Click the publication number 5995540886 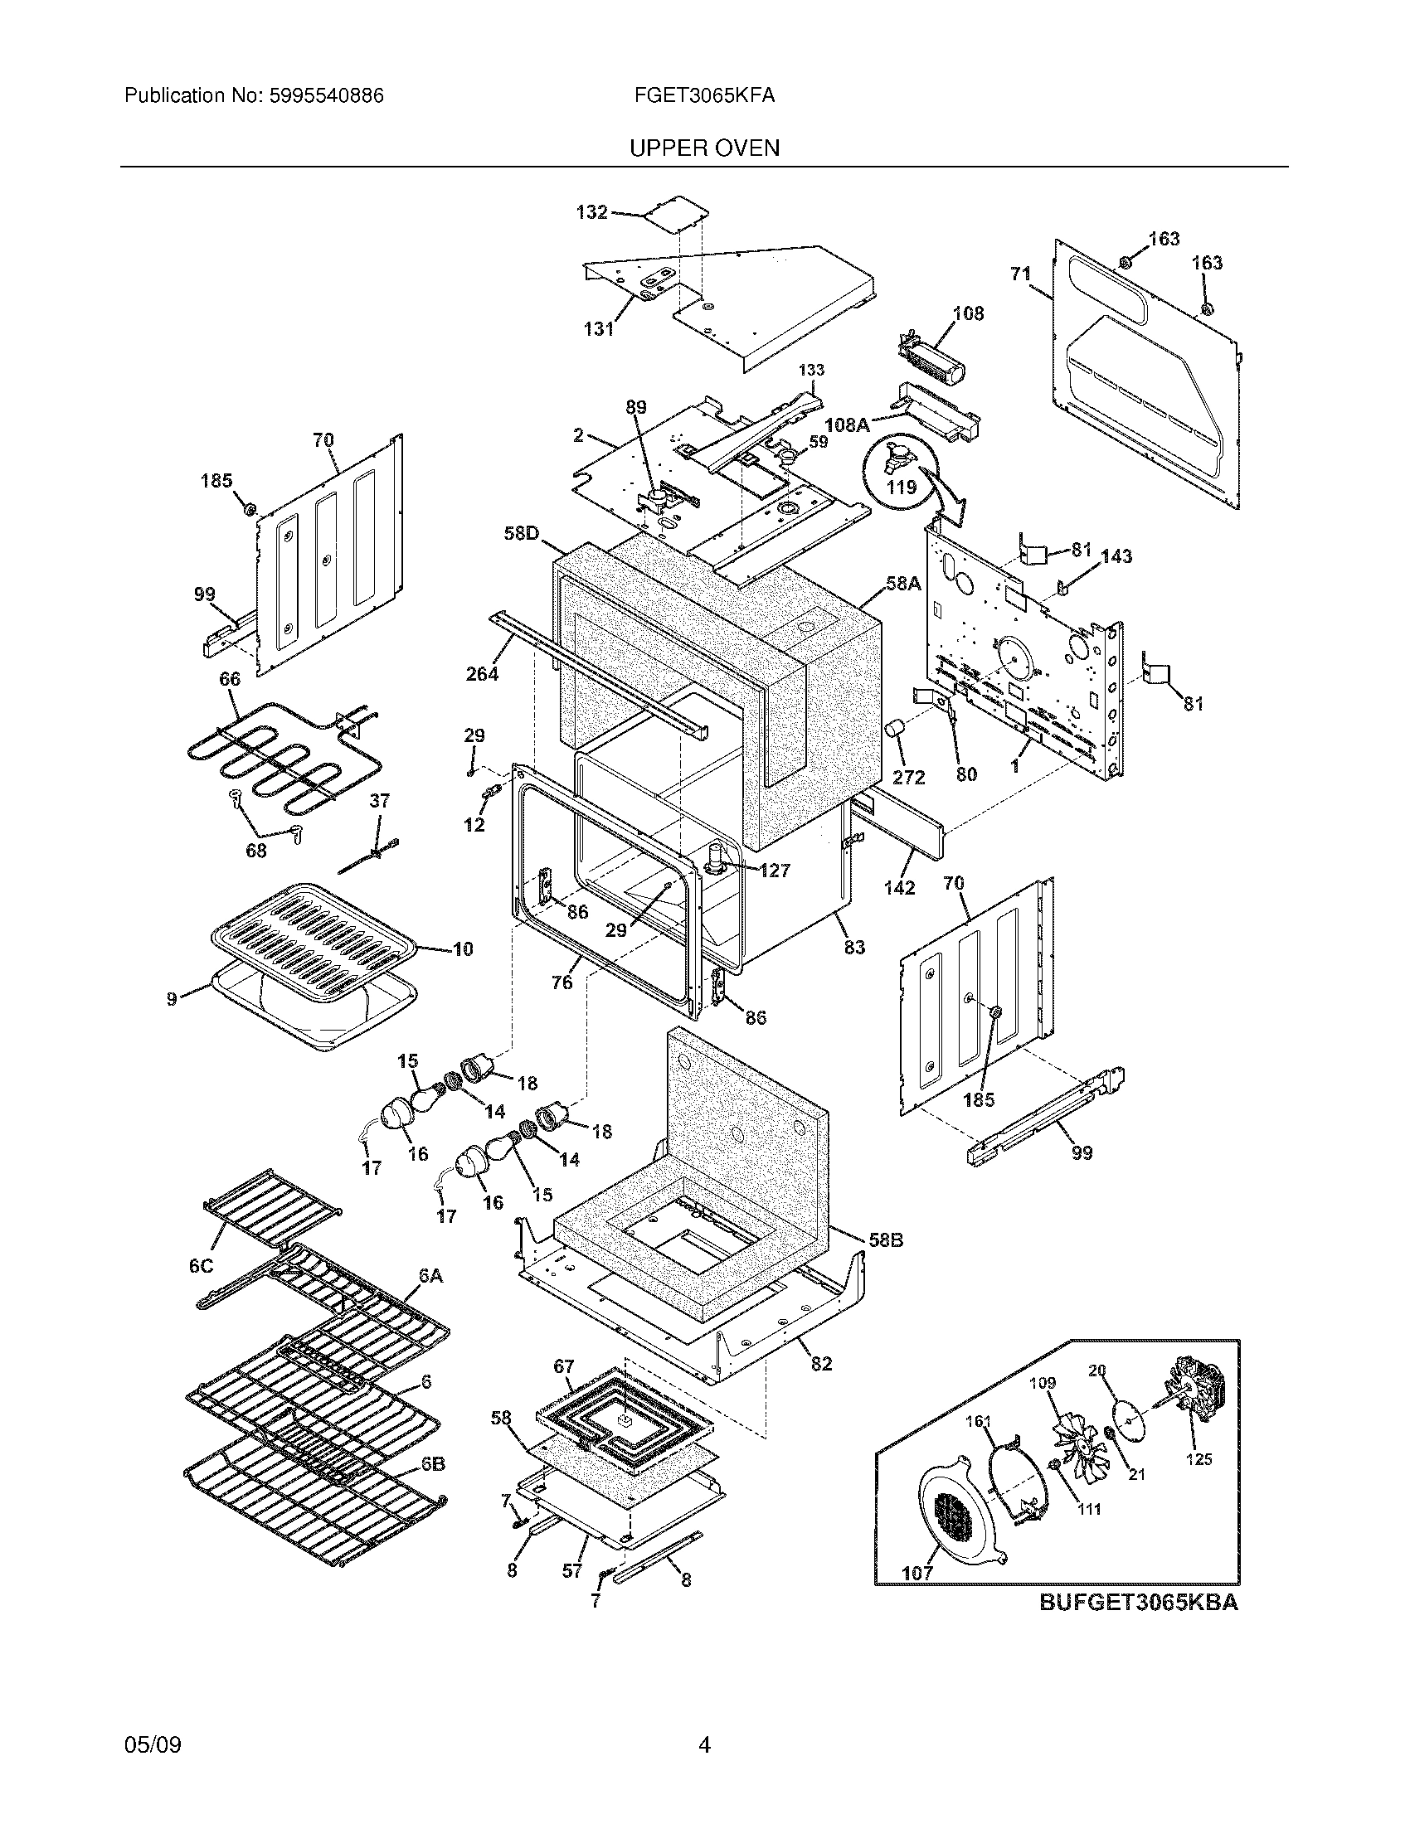pos(327,96)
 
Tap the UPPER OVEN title pos(704,148)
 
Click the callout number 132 pos(591,212)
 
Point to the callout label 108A pos(846,425)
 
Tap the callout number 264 pos(482,673)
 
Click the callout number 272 pos(908,777)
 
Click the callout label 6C pos(201,1266)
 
